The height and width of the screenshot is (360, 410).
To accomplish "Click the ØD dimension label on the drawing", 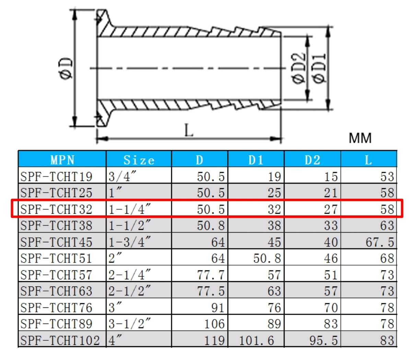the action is pos(66,68).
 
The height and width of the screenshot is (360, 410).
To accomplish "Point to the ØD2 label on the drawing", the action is pos(298,68).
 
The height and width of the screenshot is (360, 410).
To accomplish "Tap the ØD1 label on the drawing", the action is pos(319,68).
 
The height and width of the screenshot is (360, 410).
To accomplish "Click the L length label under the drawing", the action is pos(189,130).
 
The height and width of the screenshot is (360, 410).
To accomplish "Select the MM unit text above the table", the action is pos(360,138).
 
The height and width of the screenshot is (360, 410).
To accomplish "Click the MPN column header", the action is pos(62,160).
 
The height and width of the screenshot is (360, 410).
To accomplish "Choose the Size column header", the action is pos(139,160).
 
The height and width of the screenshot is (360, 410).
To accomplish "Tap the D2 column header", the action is pos(312,160).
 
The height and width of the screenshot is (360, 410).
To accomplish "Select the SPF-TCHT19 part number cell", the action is pos(57,177).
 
